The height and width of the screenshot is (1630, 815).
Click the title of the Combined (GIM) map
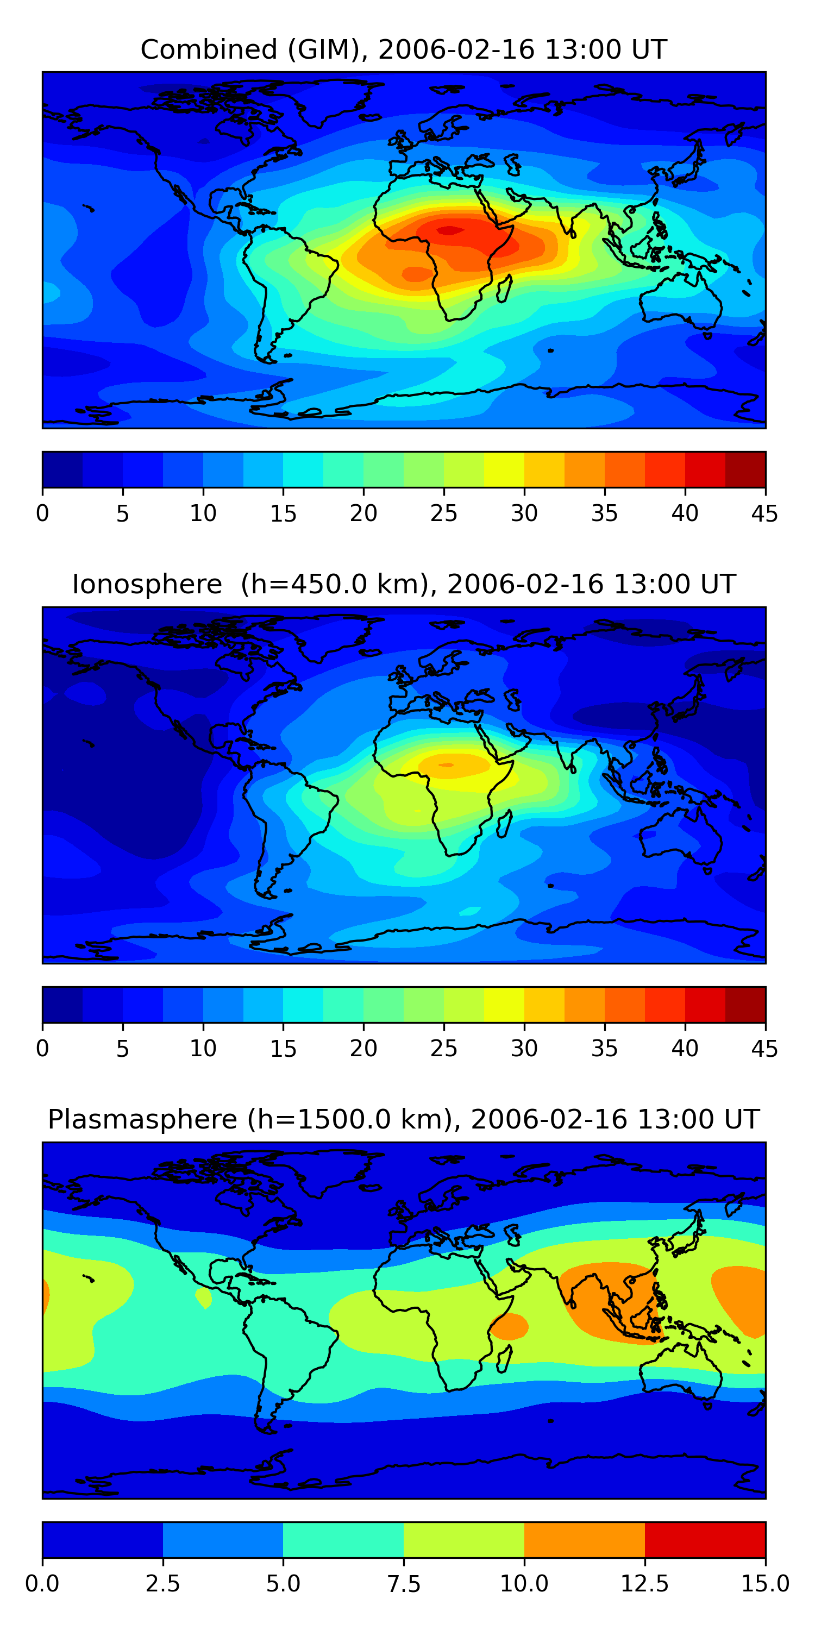pyautogui.click(x=404, y=49)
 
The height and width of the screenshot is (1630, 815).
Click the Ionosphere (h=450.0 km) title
pyautogui.click(x=404, y=584)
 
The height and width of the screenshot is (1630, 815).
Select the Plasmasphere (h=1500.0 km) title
pyautogui.click(x=404, y=1119)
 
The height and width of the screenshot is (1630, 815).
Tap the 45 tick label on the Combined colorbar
pyautogui.click(x=764, y=513)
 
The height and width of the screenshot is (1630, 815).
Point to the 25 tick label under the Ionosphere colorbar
pyautogui.click(x=443, y=1049)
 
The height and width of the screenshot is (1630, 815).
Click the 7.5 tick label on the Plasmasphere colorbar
pyautogui.click(x=404, y=1584)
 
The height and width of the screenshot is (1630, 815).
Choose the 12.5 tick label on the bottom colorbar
pyautogui.click(x=644, y=1584)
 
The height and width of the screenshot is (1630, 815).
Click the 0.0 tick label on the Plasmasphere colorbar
pyautogui.click(x=42, y=1584)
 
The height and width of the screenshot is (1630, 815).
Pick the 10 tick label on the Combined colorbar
pyautogui.click(x=203, y=513)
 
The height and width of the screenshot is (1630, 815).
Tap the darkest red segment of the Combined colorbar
pyautogui.click(x=745, y=469)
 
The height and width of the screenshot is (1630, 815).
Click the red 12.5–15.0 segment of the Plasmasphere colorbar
pyautogui.click(x=705, y=1539)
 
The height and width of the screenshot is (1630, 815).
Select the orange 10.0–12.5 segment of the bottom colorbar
pyautogui.click(x=584, y=1539)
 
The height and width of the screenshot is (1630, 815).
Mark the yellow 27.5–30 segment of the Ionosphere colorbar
pyautogui.click(x=504, y=1004)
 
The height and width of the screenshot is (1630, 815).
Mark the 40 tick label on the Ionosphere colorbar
pyautogui.click(x=685, y=1049)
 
